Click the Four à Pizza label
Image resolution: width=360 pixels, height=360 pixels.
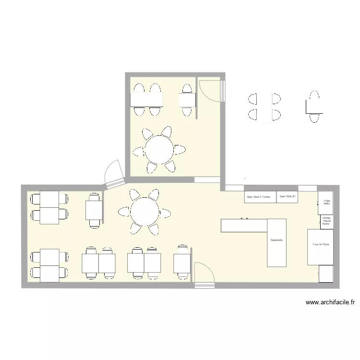(x=321, y=245)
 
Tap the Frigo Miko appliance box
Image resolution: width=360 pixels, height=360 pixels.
(x=326, y=203)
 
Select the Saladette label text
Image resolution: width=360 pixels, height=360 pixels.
(x=276, y=240)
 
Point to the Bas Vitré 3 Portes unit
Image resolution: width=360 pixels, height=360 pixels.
(x=260, y=197)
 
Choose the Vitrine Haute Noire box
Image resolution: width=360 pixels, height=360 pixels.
(x=326, y=221)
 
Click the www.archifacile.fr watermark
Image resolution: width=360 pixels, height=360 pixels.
(x=330, y=302)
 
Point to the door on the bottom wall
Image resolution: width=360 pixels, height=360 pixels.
(x=204, y=276)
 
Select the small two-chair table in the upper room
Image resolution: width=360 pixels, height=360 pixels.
(x=187, y=100)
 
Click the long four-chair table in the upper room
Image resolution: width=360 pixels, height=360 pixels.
(x=147, y=99)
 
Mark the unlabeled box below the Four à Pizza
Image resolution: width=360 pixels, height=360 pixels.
(x=326, y=274)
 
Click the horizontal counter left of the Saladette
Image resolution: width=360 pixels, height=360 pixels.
(x=243, y=226)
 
